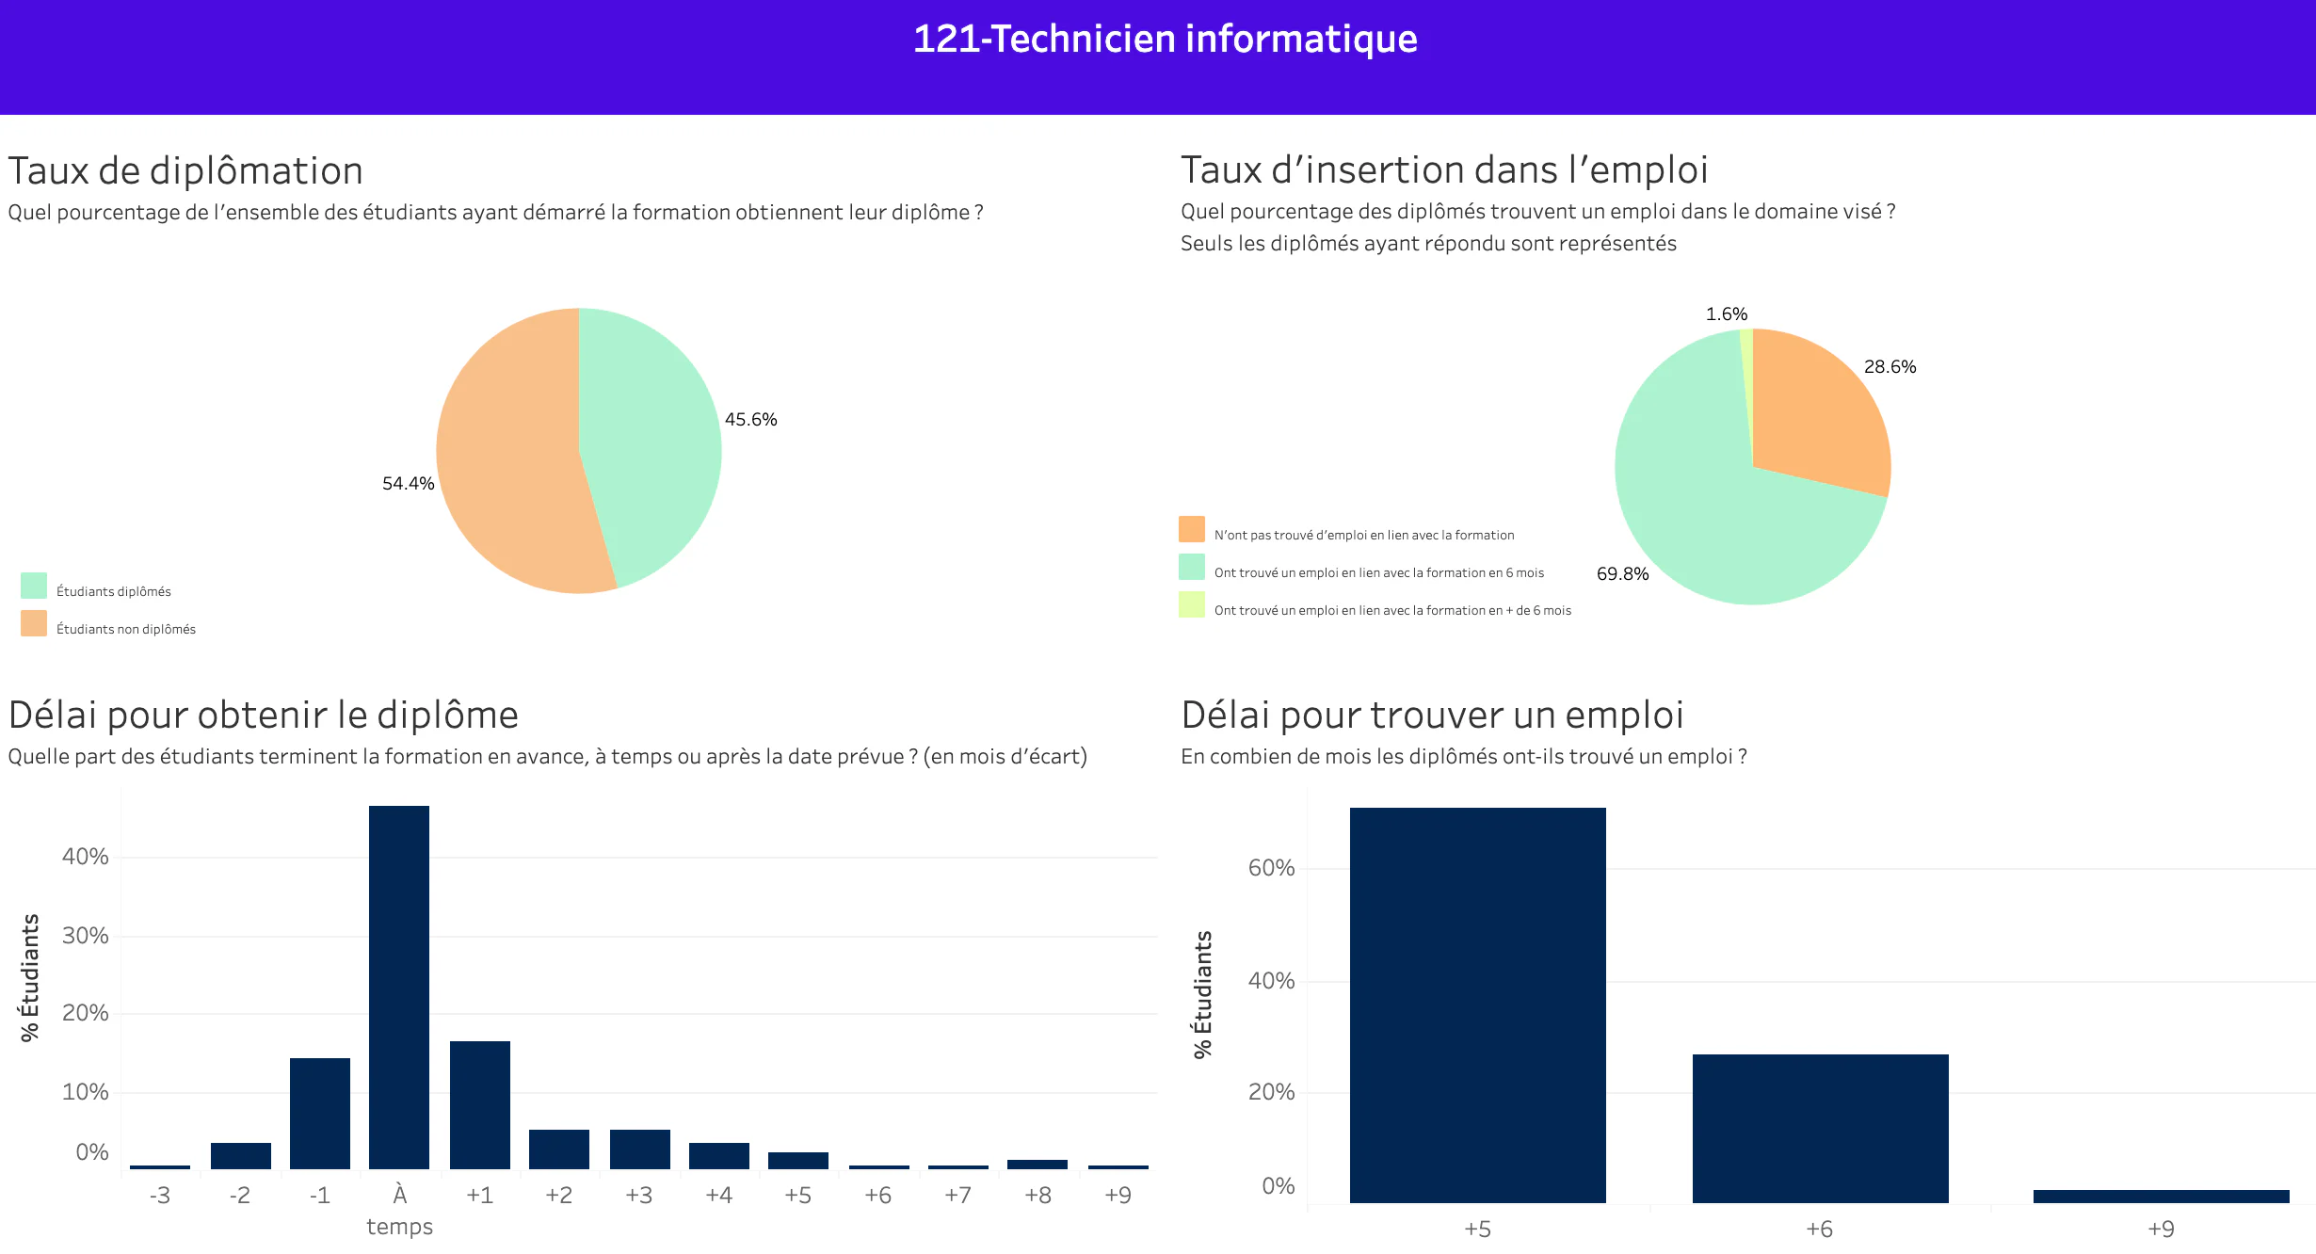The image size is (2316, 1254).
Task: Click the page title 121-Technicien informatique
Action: coord(1165,39)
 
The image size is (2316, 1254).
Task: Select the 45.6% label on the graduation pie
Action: coord(750,419)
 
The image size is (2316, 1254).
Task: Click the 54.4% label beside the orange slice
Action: coord(408,483)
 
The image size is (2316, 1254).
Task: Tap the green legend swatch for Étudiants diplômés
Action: coord(34,586)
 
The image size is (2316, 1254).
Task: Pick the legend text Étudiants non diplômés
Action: coord(126,629)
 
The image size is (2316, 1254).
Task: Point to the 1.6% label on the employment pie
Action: coord(1726,313)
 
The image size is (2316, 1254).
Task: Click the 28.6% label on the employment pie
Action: coord(1890,366)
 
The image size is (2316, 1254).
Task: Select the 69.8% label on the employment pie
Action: coord(1622,573)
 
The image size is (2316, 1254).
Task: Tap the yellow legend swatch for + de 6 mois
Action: coord(1192,604)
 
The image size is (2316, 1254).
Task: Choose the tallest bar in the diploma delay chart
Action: coord(399,988)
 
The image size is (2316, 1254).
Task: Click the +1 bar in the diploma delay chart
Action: coord(480,1105)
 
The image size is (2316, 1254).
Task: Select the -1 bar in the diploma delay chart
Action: coord(320,1114)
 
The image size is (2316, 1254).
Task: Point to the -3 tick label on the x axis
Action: coord(160,1195)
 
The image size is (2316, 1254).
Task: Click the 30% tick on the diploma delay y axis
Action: coord(86,935)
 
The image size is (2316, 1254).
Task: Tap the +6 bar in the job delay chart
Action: coord(1821,1129)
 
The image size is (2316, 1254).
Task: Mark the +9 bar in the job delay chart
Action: coord(2162,1197)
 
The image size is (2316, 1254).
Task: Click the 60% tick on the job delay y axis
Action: coord(1271,867)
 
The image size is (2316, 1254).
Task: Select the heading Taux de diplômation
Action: coord(185,170)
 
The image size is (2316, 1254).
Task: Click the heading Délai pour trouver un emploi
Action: coord(1432,715)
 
